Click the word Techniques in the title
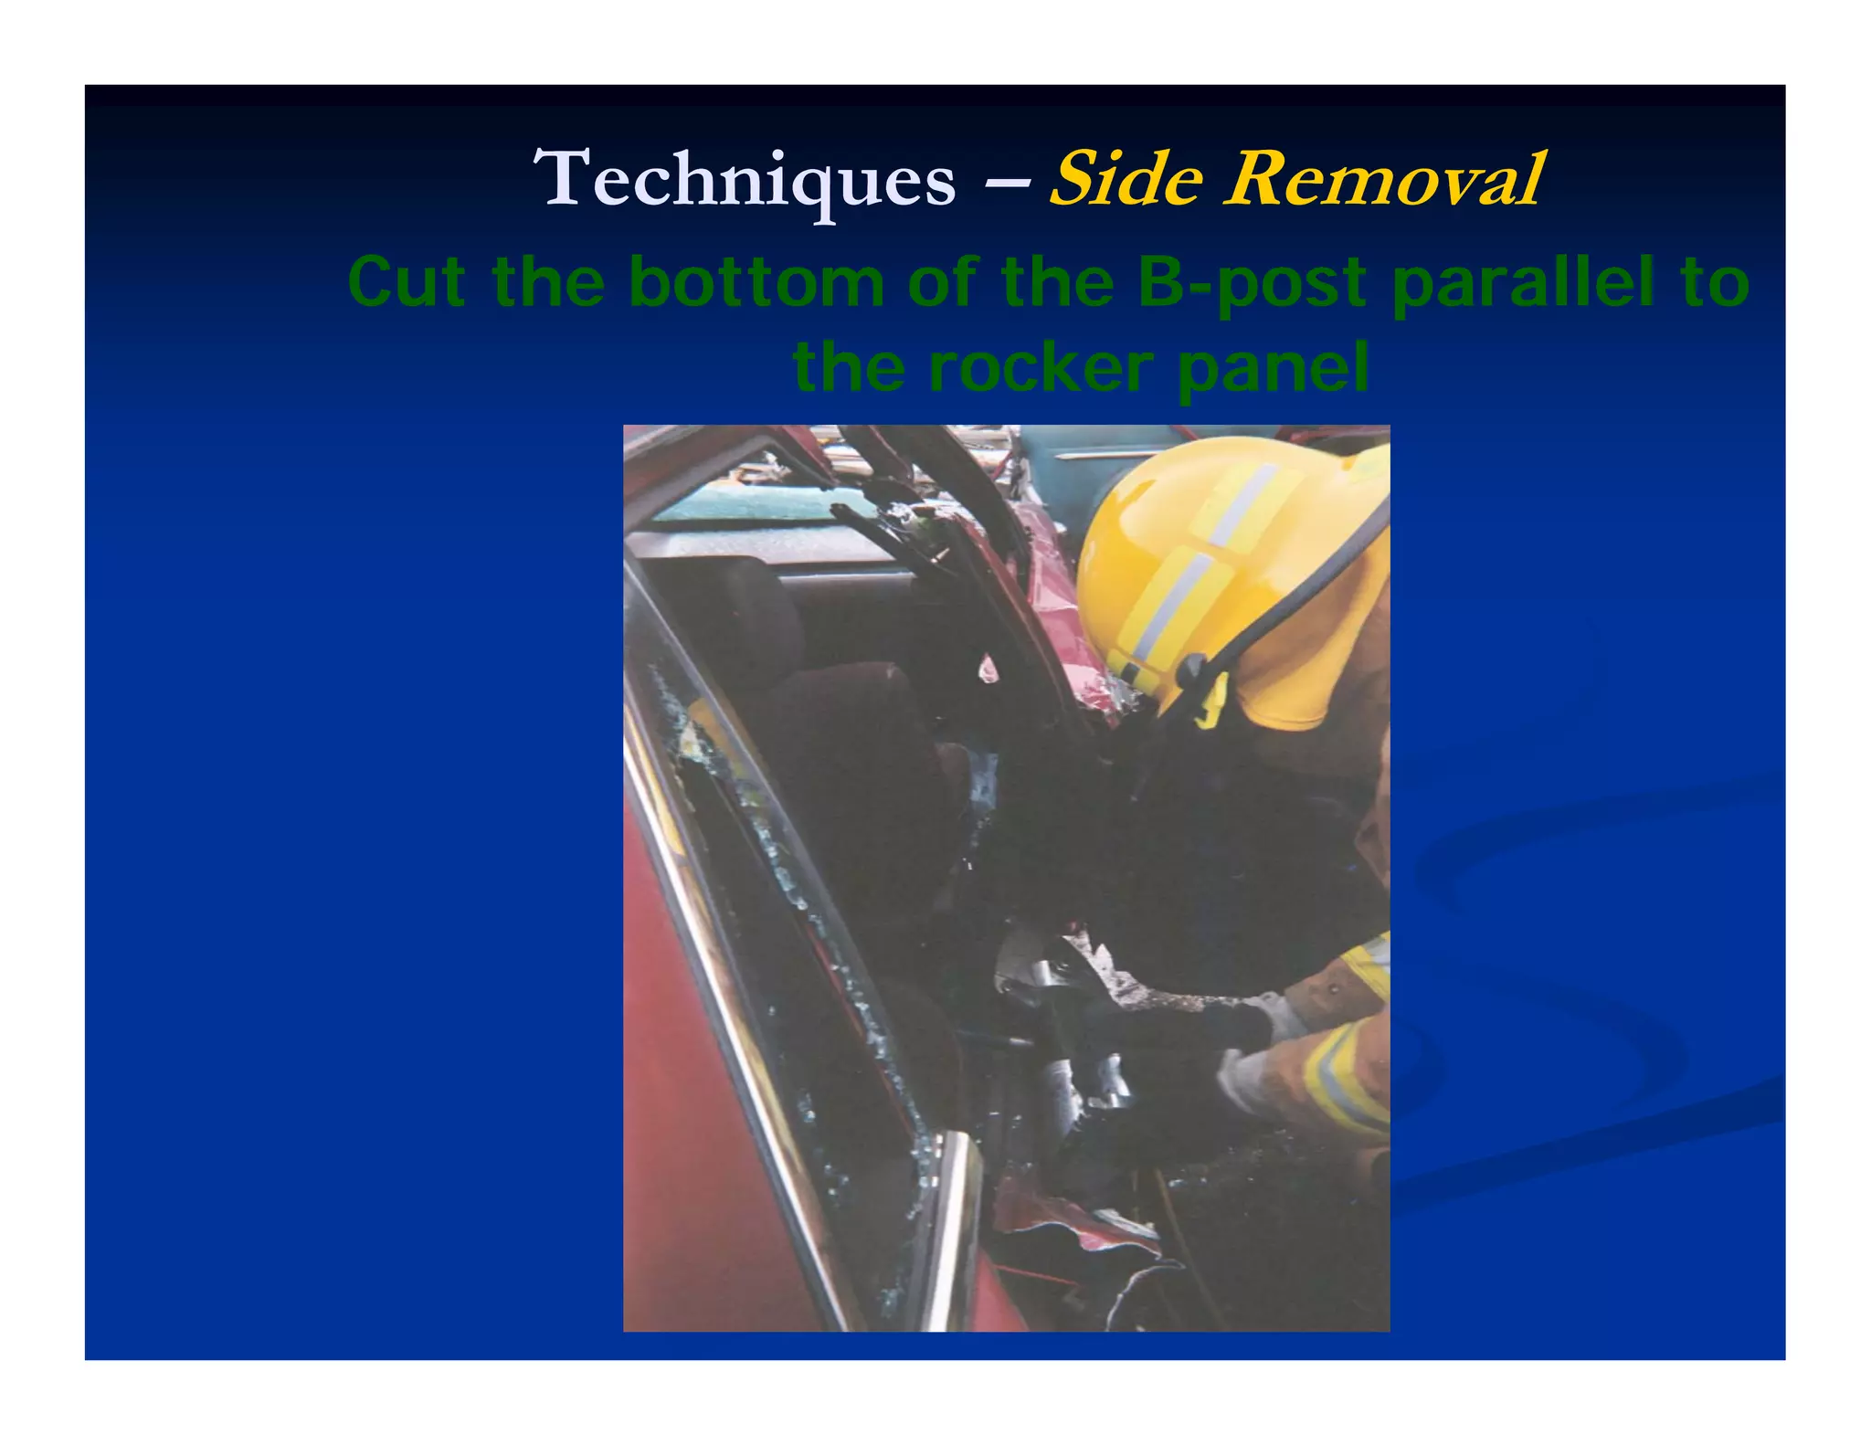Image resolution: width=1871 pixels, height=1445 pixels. [744, 180]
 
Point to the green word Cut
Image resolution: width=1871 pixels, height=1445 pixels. [407, 282]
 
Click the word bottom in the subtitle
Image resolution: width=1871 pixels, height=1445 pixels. [756, 282]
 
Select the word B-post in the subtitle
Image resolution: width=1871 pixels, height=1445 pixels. [1253, 282]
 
